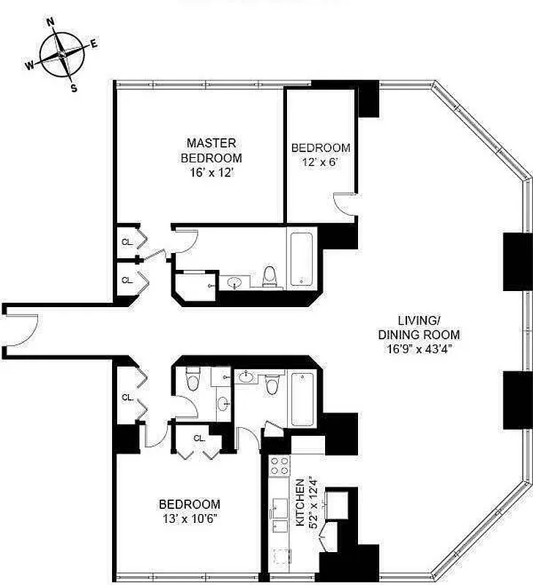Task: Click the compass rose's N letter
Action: click(x=51, y=22)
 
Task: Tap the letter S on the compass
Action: click(x=73, y=88)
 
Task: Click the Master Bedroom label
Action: click(x=211, y=150)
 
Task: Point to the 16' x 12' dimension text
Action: click(x=211, y=173)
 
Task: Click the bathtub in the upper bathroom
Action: click(x=302, y=259)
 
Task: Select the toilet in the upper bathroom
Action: click(x=270, y=276)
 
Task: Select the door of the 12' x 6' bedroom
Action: click(x=345, y=204)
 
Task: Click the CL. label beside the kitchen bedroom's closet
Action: click(x=200, y=439)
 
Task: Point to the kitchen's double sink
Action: click(x=279, y=516)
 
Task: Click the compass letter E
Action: click(x=94, y=44)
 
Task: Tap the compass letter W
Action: click(x=30, y=66)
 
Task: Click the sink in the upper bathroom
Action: click(x=236, y=282)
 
